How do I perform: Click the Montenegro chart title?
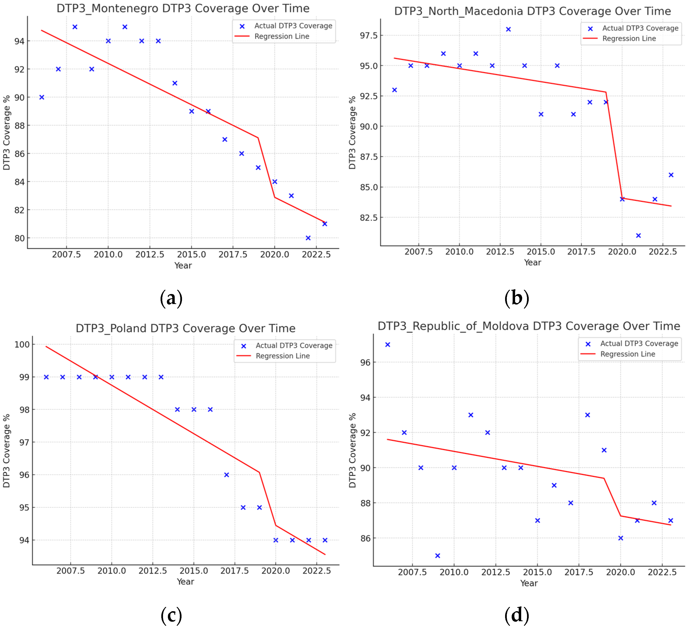(x=183, y=8)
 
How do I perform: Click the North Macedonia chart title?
(x=532, y=11)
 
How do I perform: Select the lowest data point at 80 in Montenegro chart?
(x=308, y=238)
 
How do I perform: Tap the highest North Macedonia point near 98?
(x=508, y=29)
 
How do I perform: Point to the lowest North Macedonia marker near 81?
(x=638, y=236)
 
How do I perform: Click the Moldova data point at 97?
(x=388, y=345)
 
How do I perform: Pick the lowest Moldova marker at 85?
(x=438, y=556)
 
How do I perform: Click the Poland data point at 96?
(x=227, y=475)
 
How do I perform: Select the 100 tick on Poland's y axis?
(x=22, y=344)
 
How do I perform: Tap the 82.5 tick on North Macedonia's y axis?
(x=368, y=218)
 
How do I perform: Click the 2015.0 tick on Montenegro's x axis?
(x=191, y=255)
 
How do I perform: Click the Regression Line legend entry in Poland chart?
(x=282, y=356)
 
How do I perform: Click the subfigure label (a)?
(x=171, y=298)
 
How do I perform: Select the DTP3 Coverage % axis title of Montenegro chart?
(x=7, y=133)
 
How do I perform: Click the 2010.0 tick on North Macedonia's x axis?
(x=459, y=252)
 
